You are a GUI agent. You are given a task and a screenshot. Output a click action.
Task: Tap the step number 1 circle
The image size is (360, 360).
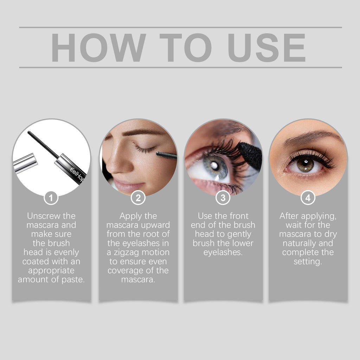(x=51, y=198)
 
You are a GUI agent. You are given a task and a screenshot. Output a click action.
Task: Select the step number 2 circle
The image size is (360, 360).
(x=138, y=198)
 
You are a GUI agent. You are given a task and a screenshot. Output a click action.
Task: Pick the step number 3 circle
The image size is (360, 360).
(x=223, y=198)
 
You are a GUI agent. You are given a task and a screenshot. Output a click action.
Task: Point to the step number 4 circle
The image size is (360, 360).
(x=308, y=198)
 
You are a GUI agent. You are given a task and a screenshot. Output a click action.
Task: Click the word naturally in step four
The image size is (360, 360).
(x=297, y=243)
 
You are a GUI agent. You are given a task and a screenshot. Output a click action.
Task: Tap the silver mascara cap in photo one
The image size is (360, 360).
(x=25, y=163)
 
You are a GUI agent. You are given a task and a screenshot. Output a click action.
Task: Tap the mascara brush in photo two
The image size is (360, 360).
(x=166, y=155)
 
